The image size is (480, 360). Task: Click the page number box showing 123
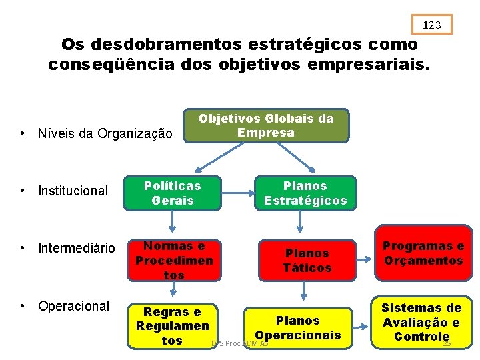pos(432,25)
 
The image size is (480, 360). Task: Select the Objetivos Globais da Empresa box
pos(266,125)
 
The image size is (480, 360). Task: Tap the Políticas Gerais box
pos(173,193)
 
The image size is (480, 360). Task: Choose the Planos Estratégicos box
pos(305,193)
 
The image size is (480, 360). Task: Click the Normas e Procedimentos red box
pos(173,260)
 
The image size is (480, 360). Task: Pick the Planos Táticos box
pos(307,260)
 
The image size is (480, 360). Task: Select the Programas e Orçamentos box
pos(423,253)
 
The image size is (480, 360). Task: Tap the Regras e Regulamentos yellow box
pos(173,326)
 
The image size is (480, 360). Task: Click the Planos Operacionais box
pos(298,327)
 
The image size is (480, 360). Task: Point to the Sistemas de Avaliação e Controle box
pos(421,322)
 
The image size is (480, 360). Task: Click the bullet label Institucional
pos(73,191)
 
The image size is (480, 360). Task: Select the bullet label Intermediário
pos(76,249)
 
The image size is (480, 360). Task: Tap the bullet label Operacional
pos(73,306)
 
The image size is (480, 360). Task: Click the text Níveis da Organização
pos(105,133)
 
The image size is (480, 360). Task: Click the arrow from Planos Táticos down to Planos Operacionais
pos(305,290)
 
